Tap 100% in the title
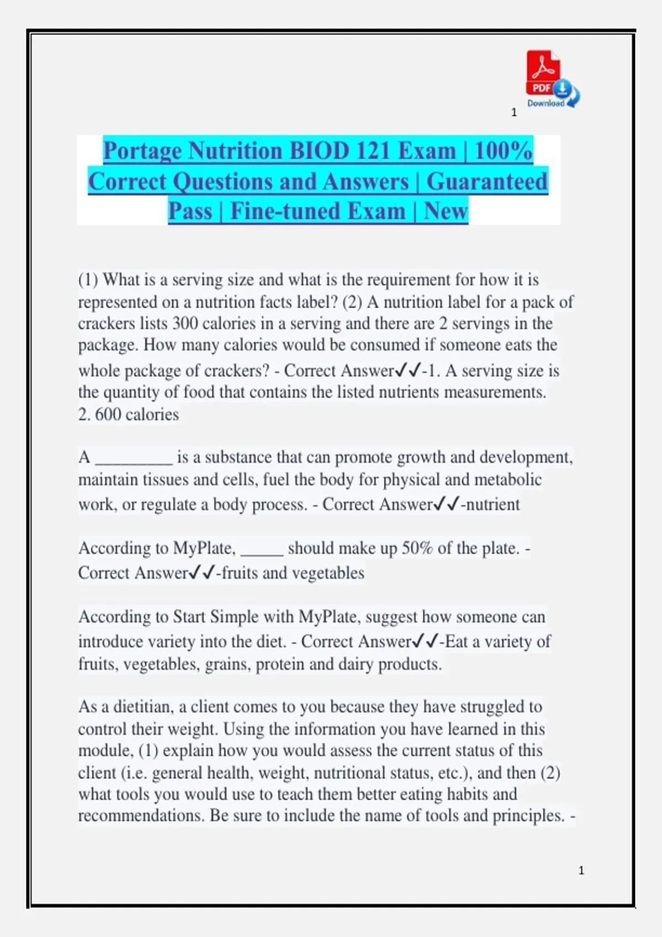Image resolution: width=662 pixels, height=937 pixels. [x=503, y=150]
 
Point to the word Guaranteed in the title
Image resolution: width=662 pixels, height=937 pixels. [x=487, y=181]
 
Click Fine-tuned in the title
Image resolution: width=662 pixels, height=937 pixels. [x=317, y=211]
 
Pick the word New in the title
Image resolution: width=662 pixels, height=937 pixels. [x=446, y=211]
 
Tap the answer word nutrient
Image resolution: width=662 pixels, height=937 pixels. [x=493, y=504]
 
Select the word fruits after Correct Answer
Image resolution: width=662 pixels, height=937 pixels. [x=239, y=573]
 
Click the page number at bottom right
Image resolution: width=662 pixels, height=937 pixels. [x=581, y=871]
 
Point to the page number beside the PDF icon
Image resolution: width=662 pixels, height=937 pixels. [x=514, y=112]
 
